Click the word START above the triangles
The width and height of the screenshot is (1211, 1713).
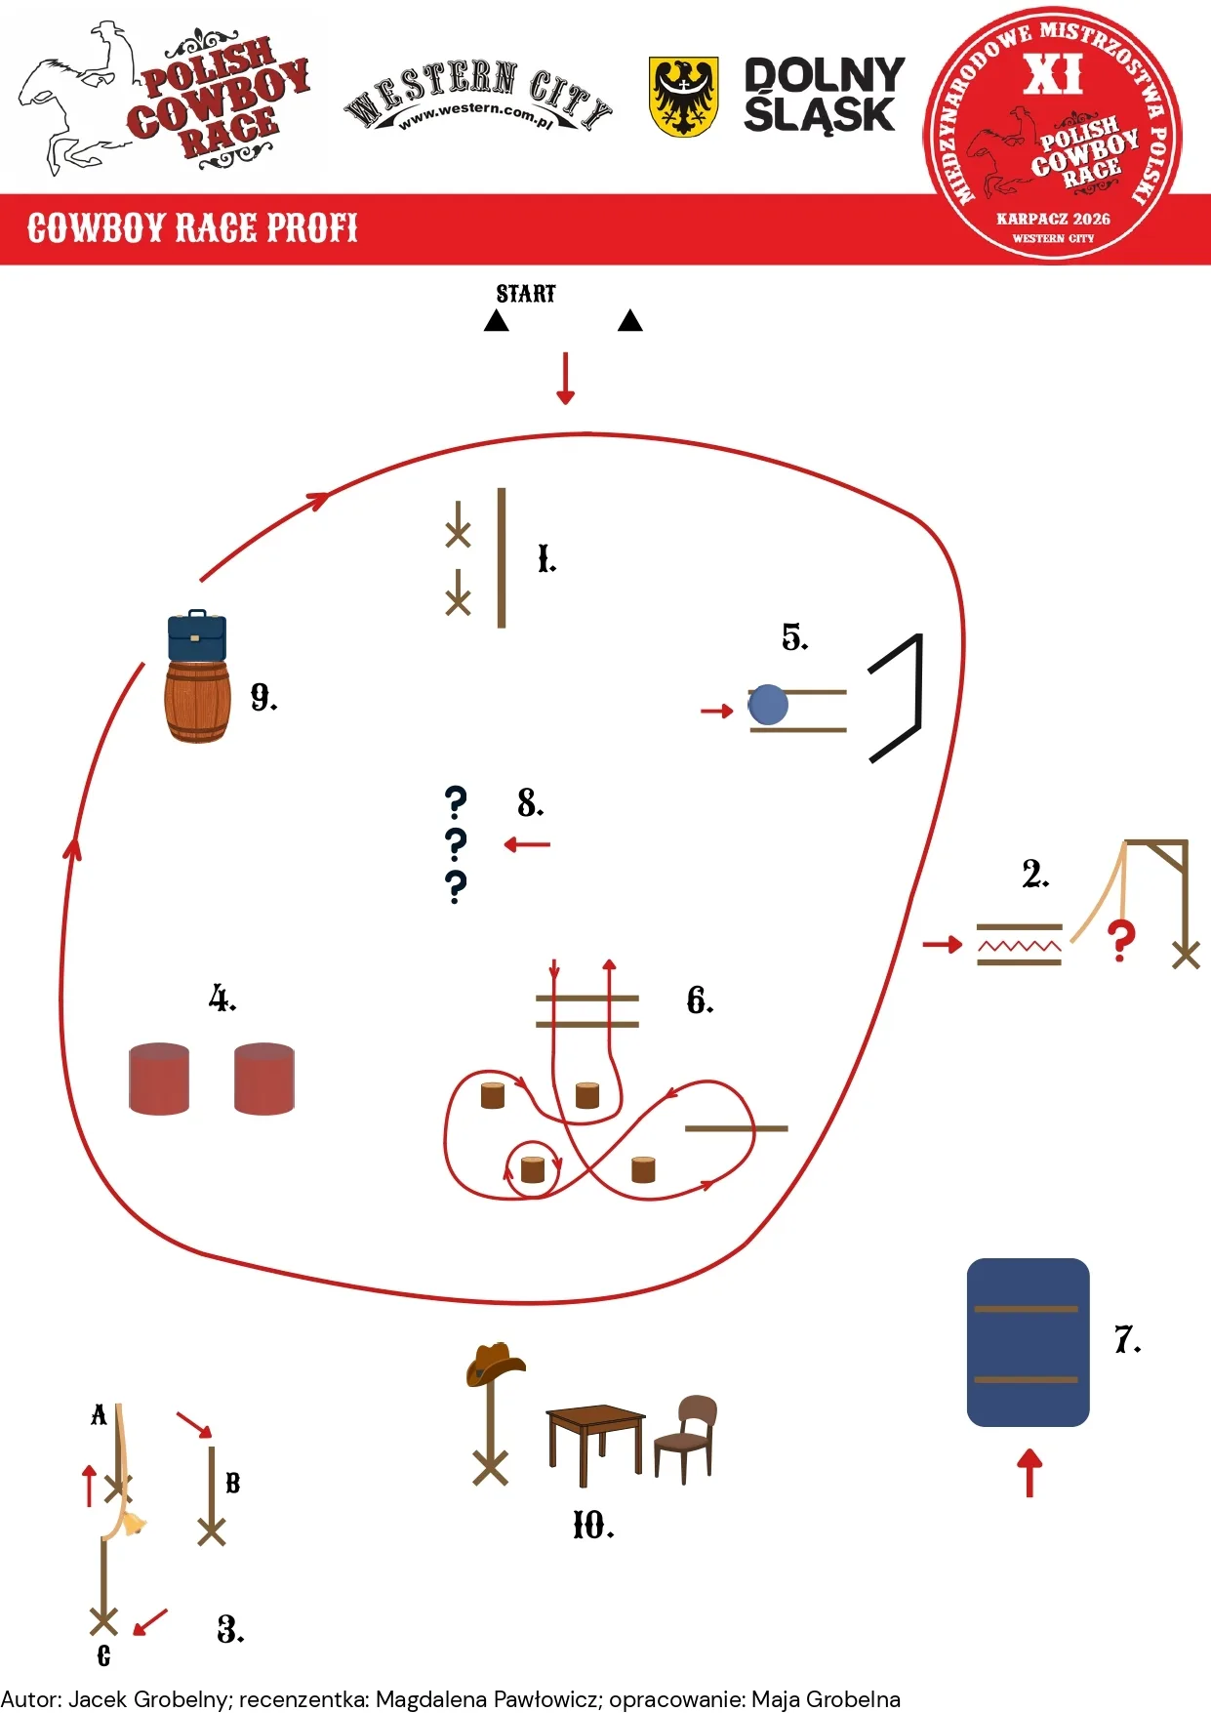pos(526,294)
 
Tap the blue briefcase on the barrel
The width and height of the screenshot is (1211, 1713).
pos(197,636)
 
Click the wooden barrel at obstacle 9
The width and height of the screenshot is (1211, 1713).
pos(197,702)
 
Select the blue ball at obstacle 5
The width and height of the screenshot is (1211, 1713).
pos(768,705)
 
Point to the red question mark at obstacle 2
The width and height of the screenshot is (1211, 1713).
pos(1121,941)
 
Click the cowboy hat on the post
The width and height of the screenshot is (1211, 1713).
pos(495,1363)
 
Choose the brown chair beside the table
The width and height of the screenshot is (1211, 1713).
pos(686,1439)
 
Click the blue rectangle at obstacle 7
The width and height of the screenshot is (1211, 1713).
pos(1028,1342)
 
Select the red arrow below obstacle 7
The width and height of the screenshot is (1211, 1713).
pos(1029,1473)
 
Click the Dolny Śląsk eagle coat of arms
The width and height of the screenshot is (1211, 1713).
pos(684,97)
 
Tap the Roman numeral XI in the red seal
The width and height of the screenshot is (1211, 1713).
pos(1053,74)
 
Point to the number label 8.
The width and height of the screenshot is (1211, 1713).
pos(530,803)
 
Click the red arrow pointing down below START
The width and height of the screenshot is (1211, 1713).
pos(565,379)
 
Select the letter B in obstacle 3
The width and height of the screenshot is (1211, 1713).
pos(233,1483)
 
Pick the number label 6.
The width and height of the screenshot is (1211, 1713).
pos(700,1000)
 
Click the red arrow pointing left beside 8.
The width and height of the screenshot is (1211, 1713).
pos(527,844)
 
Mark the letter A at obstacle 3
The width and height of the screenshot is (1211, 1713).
pos(99,1415)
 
